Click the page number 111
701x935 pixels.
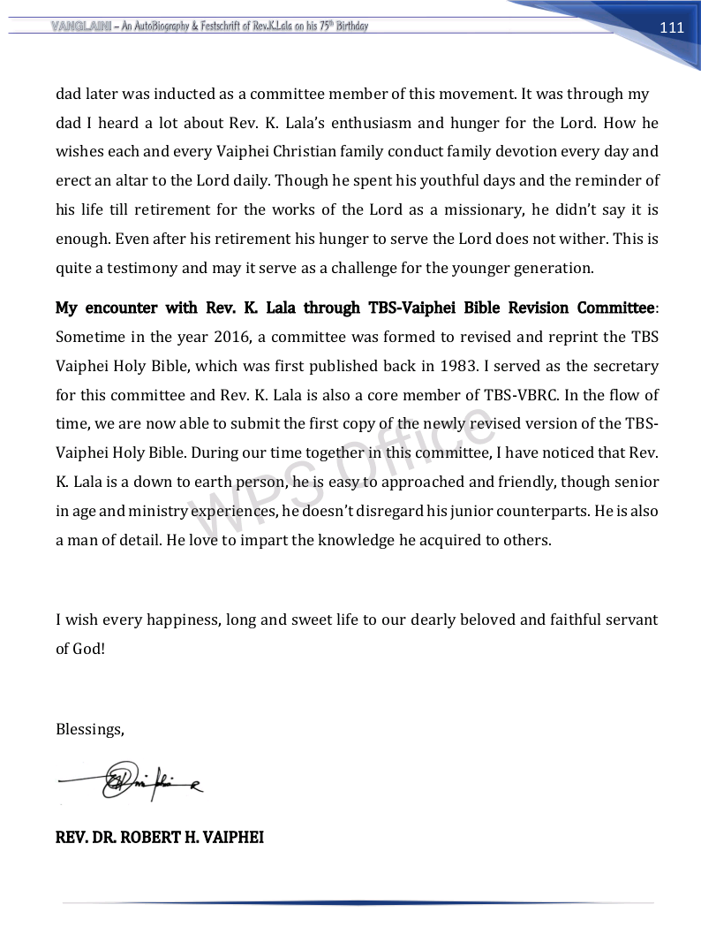pyautogui.click(x=672, y=27)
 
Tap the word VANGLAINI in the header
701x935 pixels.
pyautogui.click(x=75, y=26)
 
